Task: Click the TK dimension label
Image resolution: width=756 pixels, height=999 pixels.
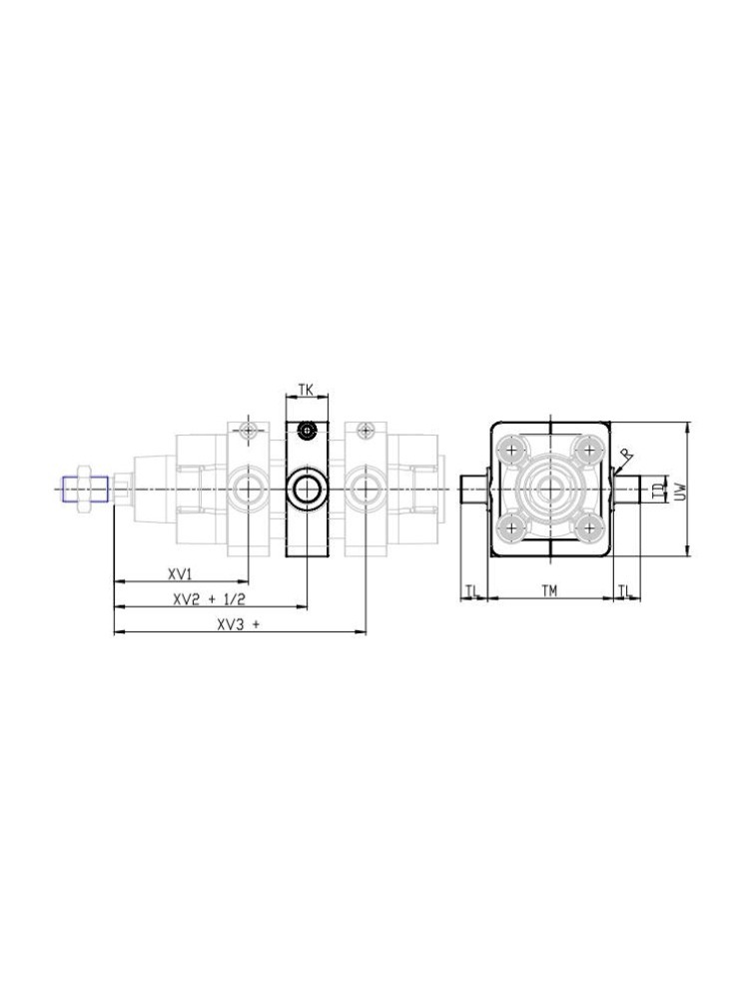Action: click(x=307, y=390)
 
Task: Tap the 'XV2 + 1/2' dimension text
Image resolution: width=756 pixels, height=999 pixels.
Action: click(x=209, y=599)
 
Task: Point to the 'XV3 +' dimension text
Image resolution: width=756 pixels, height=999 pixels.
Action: click(x=239, y=625)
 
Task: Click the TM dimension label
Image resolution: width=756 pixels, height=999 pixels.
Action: click(x=549, y=591)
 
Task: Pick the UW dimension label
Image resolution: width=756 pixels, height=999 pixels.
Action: click(x=680, y=489)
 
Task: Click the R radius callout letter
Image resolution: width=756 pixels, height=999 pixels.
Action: click(x=626, y=455)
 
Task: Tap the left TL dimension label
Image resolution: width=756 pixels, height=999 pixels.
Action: click(x=470, y=590)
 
